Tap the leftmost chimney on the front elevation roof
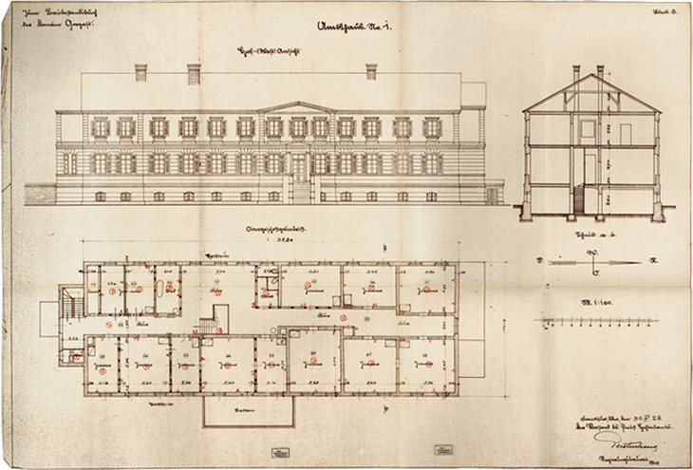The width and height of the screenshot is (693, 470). point(141,72)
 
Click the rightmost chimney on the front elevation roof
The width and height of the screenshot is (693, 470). point(371,71)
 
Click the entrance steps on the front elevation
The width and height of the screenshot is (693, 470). point(300,192)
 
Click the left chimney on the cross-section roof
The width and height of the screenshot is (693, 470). point(576,72)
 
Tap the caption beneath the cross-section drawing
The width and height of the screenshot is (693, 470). point(590,234)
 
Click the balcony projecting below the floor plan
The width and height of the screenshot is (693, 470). point(248,410)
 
